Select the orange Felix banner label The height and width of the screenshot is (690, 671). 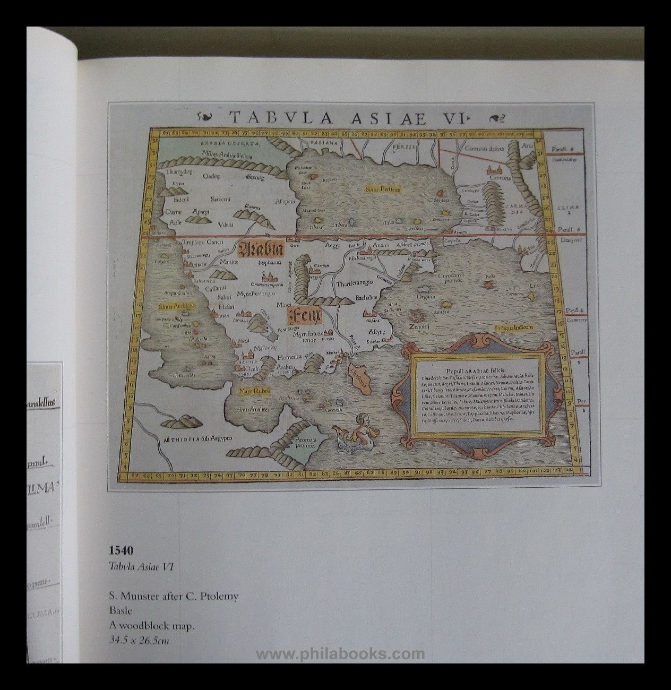point(304,317)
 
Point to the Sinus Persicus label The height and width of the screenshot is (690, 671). point(382,188)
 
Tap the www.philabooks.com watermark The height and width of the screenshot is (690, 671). point(340,654)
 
